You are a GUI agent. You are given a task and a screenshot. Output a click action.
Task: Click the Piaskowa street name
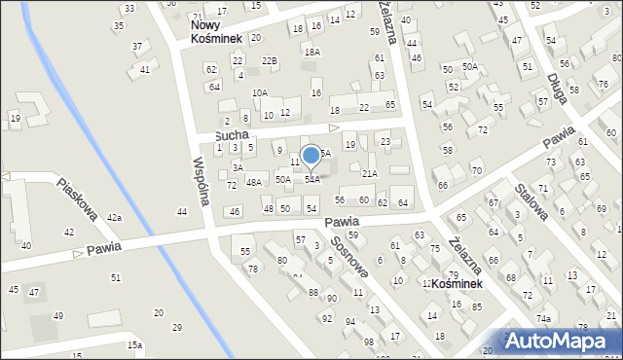[79, 199]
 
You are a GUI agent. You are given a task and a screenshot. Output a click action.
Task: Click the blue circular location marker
[311, 155]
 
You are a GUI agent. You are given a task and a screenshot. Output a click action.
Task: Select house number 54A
[312, 179]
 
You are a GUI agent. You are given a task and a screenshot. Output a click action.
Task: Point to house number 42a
[114, 218]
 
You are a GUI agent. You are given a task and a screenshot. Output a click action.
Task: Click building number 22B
[270, 60]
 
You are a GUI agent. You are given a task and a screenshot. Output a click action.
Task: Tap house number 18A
[311, 52]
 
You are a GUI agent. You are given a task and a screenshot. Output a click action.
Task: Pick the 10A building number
[259, 93]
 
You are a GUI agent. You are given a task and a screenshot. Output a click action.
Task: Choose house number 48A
[254, 182]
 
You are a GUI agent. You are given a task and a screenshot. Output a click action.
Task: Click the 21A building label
[369, 173]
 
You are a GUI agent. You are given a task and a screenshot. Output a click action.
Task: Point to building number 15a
[134, 344]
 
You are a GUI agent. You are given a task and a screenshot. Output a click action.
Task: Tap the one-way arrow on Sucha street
[333, 127]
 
